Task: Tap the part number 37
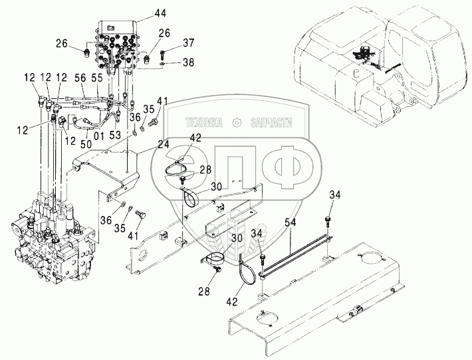(x=189, y=44)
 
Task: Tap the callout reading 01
(x=99, y=135)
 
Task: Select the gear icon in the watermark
(x=237, y=123)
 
